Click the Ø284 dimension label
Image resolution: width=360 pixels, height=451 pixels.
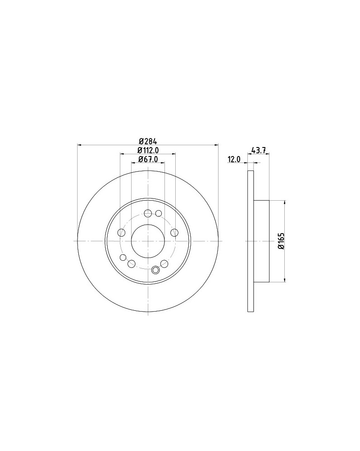click(x=148, y=141)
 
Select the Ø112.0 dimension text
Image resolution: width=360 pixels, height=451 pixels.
click(x=148, y=150)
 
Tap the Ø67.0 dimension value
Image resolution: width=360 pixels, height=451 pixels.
click(x=148, y=159)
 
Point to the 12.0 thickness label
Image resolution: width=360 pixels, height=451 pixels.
click(x=233, y=159)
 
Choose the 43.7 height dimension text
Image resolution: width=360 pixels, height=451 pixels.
click(x=258, y=150)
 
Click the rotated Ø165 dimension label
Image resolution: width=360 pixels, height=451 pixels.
click(x=281, y=241)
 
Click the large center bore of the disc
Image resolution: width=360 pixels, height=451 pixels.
click(x=148, y=241)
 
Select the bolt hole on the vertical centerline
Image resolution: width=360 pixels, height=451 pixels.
click(x=148, y=213)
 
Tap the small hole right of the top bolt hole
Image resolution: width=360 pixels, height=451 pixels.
click(x=159, y=213)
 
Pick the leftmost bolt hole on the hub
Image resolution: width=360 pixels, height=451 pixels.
click(x=122, y=233)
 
